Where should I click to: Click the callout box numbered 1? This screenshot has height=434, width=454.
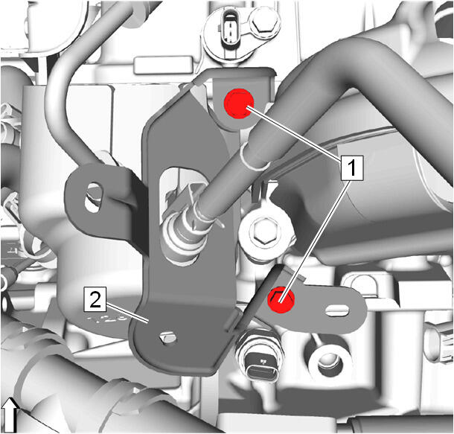(x=351, y=168)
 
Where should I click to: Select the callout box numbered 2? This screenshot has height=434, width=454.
(x=95, y=299)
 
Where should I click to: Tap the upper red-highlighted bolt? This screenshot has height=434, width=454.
(x=239, y=103)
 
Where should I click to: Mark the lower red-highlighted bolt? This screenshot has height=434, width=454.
(x=281, y=300)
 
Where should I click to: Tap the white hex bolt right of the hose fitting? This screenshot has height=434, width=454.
(x=265, y=231)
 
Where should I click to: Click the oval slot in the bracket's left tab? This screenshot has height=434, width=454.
(x=92, y=198)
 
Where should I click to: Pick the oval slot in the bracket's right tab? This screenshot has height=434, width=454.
(x=337, y=310)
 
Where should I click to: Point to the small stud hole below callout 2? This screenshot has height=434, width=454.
(x=168, y=337)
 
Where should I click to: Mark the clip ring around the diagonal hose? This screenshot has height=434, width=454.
(x=255, y=156)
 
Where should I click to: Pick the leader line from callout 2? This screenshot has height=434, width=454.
(x=128, y=312)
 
